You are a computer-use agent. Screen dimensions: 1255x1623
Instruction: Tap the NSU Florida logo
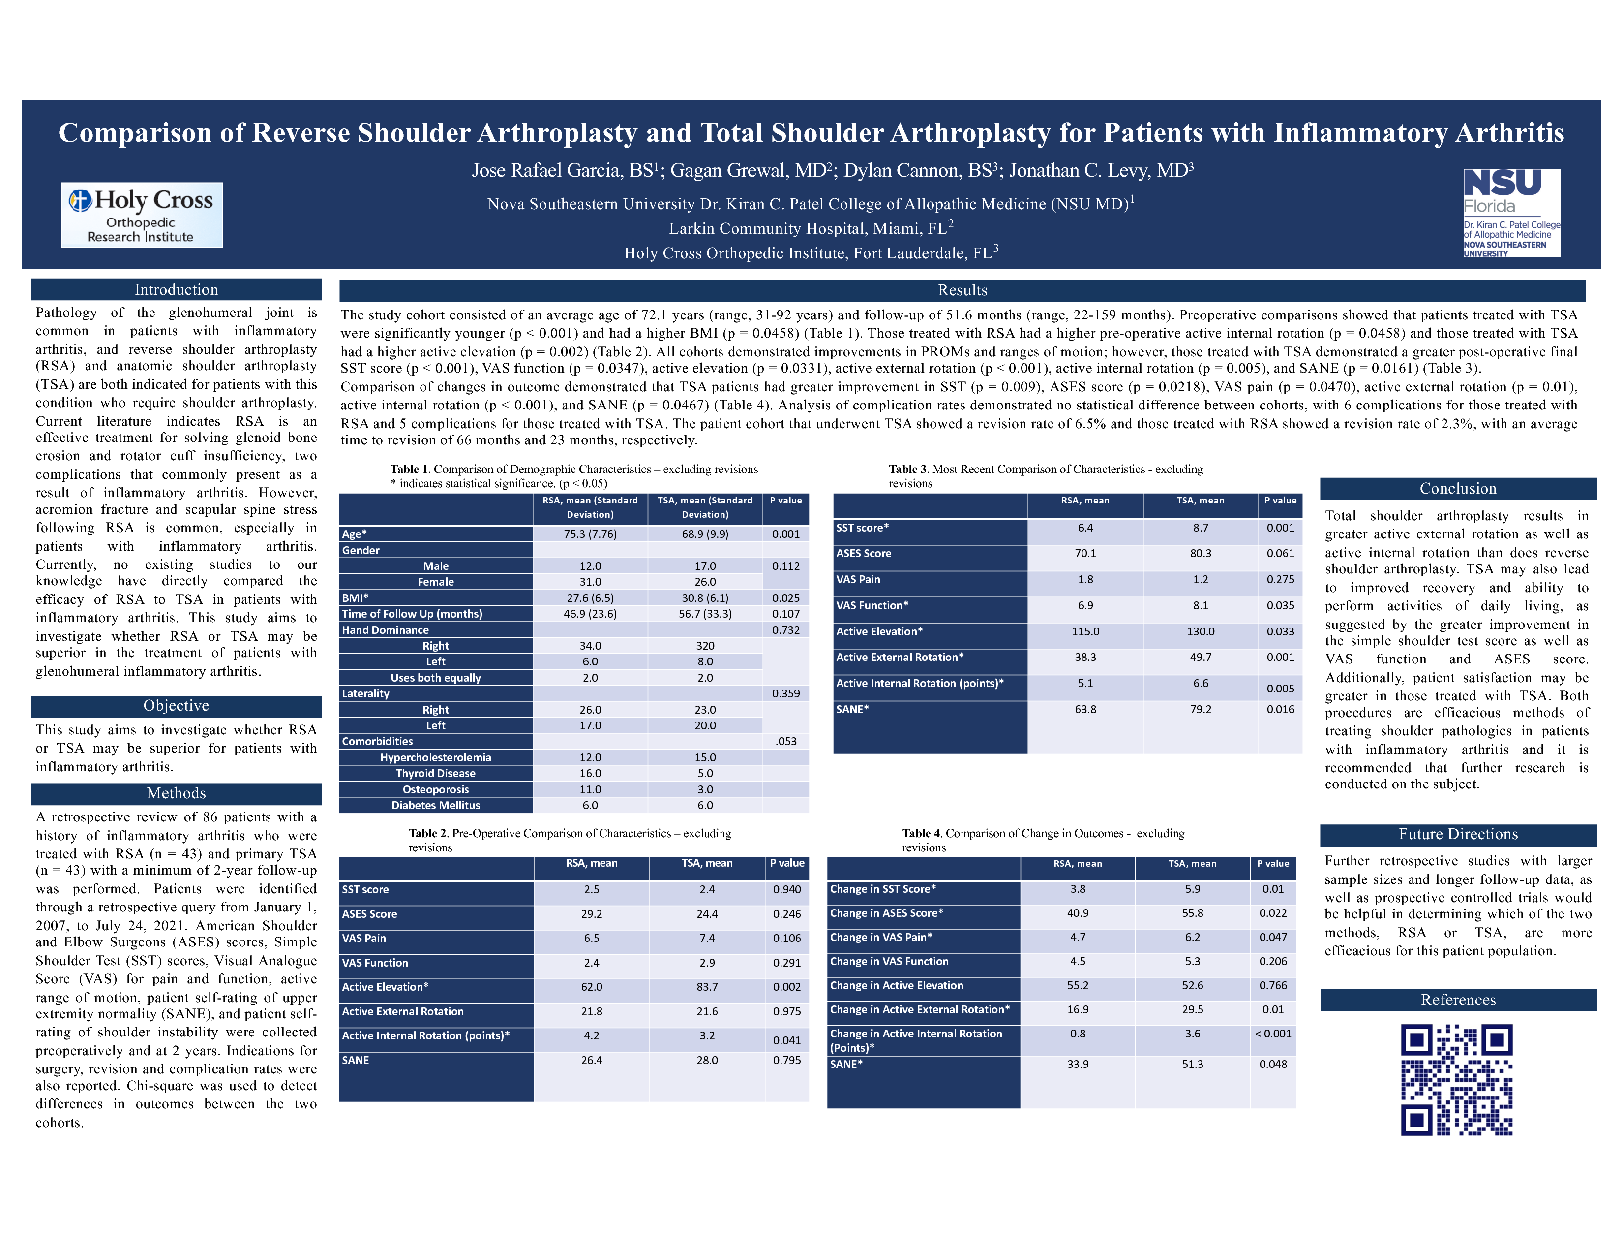1511,213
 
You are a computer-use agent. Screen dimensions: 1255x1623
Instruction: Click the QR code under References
1457,1079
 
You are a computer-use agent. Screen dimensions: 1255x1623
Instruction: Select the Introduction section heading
176,290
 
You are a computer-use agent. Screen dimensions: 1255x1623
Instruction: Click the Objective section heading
176,706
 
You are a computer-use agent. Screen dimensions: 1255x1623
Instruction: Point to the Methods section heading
176,793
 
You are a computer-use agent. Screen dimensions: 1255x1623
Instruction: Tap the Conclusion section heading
1458,489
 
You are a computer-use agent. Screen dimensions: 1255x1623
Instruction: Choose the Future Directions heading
1458,834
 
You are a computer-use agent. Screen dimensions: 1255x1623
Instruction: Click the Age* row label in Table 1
355,534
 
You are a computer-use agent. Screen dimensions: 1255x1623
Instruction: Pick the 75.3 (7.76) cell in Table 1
590,534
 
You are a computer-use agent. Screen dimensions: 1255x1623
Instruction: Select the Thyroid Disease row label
435,773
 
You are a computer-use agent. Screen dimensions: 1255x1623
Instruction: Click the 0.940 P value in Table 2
787,889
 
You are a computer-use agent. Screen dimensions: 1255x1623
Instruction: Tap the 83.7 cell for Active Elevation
707,987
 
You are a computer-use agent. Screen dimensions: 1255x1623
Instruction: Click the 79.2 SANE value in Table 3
1201,709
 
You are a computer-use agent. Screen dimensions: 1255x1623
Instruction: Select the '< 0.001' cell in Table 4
1273,1034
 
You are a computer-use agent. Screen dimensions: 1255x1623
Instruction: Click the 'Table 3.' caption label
908,469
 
